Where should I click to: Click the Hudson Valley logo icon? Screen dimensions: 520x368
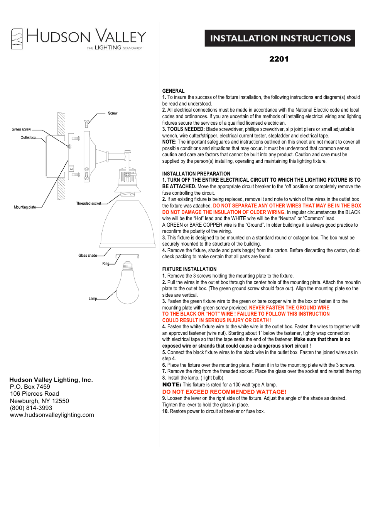(x=17, y=39)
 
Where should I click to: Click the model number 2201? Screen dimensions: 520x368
(x=279, y=59)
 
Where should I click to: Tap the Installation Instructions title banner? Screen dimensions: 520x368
(x=280, y=38)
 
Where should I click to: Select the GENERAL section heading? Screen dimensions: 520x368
(x=173, y=91)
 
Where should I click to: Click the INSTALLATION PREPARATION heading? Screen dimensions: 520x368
(x=196, y=174)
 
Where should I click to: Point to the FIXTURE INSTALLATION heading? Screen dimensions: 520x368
(x=189, y=269)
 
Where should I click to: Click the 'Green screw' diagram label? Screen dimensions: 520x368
(x=21, y=129)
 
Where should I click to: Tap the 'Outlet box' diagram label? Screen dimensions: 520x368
(x=28, y=137)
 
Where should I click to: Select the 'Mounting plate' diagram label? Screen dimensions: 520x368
(x=25, y=207)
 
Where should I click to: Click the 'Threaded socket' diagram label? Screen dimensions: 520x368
(x=88, y=203)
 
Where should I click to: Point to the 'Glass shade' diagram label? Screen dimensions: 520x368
(x=88, y=255)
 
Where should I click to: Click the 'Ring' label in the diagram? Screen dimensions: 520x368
(x=105, y=264)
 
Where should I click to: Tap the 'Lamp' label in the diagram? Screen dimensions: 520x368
(x=92, y=298)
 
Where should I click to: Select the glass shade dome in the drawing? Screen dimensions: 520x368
(x=123, y=225)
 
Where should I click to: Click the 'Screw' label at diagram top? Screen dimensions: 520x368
(x=113, y=113)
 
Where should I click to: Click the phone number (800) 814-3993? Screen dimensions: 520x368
(x=31, y=408)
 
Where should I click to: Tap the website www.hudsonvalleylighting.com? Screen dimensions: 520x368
(x=52, y=415)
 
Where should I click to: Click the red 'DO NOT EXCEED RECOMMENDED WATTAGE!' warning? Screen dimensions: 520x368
(x=224, y=392)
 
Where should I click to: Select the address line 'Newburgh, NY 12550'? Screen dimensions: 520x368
(x=39, y=401)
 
